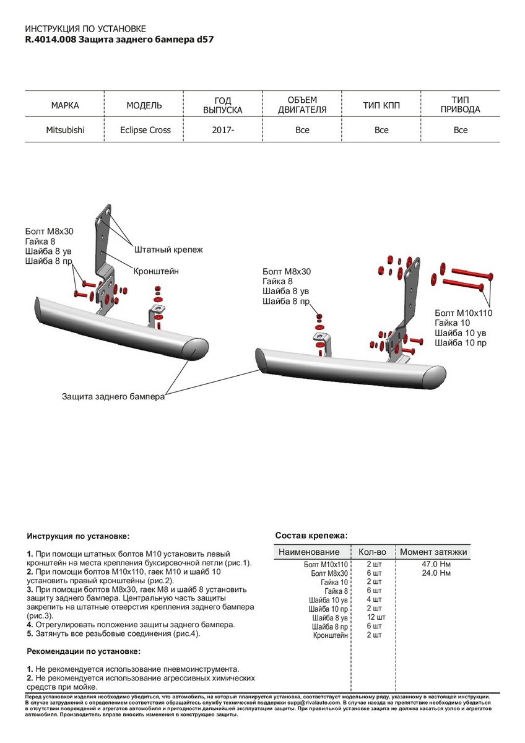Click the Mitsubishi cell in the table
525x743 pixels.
65,130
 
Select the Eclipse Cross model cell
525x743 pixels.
145,130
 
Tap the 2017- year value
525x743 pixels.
223,130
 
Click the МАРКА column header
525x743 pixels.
65,105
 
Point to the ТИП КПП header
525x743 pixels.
381,105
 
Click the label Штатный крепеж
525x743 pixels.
168,250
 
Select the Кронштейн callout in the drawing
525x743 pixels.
156,271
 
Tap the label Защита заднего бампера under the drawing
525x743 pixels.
113,396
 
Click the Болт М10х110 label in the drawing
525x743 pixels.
463,313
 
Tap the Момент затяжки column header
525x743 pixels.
433,552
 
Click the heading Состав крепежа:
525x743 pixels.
311,535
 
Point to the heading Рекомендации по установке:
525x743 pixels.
84,651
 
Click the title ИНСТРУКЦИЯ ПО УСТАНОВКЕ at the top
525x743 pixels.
85,29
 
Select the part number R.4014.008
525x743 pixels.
50,39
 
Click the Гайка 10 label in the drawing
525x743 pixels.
453,323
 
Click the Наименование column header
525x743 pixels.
309,552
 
